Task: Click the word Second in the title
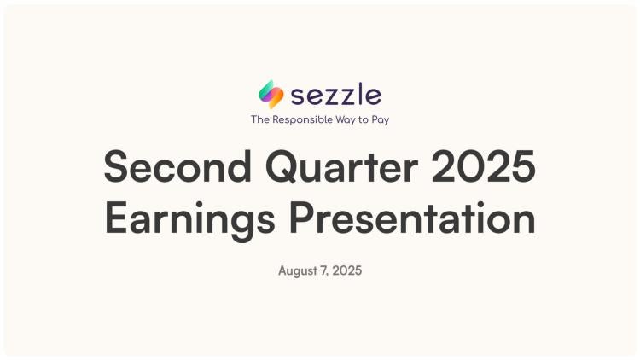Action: point(177,166)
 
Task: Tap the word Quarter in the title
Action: point(341,167)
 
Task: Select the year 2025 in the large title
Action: point(483,166)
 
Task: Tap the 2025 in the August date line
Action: point(347,270)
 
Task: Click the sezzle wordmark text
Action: point(336,95)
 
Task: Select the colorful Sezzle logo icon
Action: point(271,95)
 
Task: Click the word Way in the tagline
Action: point(346,120)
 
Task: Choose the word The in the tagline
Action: point(260,119)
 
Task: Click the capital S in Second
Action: point(116,166)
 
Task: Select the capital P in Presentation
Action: point(301,218)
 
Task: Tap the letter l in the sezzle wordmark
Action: point(362,94)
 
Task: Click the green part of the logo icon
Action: point(265,90)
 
